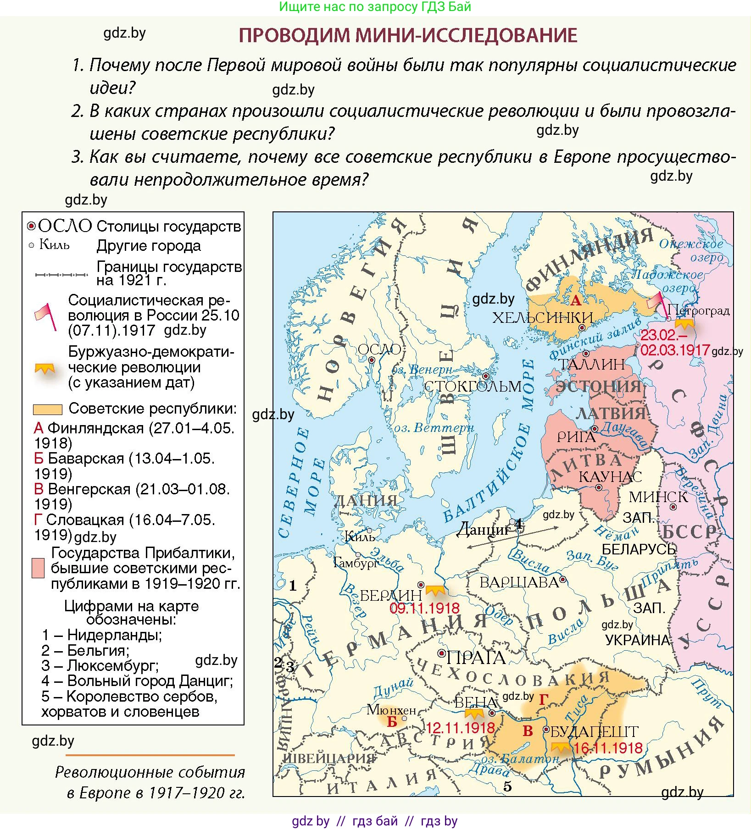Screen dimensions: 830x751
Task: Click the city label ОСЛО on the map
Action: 379,349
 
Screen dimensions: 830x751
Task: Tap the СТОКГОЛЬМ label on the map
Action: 473,386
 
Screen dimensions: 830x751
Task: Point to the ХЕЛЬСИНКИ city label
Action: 542,317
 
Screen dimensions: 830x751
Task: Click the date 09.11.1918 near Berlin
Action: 424,609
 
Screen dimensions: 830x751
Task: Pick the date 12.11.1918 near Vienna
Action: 460,728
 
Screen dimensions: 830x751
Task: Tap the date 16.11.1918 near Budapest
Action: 608,748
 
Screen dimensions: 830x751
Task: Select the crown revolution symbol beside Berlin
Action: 435,590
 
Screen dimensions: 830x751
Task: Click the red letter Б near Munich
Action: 392,722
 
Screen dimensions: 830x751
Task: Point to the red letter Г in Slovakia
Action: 544,699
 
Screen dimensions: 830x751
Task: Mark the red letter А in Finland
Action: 575,301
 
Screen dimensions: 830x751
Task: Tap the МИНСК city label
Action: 658,497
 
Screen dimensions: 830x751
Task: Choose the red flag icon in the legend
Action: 47,315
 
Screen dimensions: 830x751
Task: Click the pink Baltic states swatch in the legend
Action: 38,568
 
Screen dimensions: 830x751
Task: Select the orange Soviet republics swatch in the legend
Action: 47,409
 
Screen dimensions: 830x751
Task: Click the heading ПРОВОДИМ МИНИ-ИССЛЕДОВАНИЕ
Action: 408,35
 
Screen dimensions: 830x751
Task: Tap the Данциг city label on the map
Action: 484,530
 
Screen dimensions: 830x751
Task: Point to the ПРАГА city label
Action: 476,658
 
